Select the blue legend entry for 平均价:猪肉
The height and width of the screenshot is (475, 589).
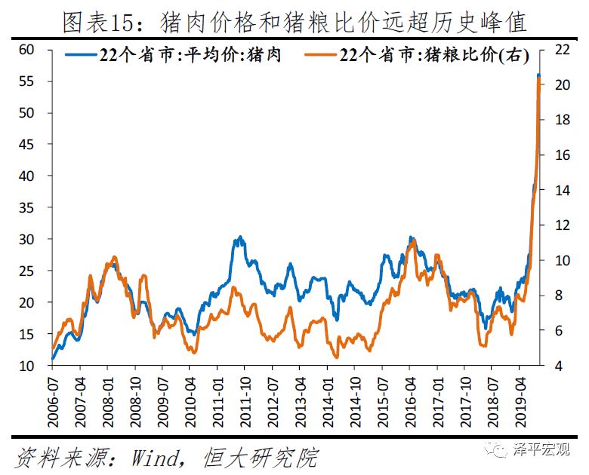coord(173,56)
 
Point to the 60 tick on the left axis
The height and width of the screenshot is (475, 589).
coord(27,50)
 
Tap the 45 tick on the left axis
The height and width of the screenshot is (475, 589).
coord(27,144)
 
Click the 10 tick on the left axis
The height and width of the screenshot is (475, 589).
coord(27,365)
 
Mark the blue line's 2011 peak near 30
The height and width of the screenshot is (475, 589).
coord(240,237)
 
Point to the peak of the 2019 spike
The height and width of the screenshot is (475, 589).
coord(538,76)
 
